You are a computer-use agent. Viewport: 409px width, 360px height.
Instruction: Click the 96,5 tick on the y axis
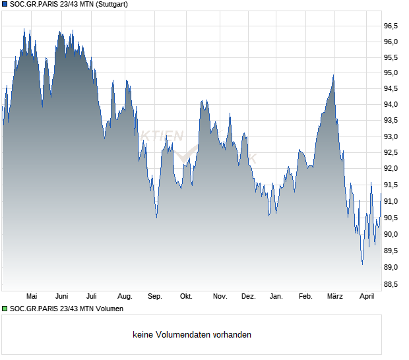pos(391,26)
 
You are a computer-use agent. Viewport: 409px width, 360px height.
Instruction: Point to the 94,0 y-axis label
pos(391,105)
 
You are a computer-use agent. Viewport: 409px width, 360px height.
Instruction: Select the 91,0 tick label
pos(391,201)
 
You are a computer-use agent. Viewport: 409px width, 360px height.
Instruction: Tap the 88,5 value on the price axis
pos(391,284)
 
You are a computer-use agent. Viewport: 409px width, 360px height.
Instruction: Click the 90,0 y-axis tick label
pos(391,234)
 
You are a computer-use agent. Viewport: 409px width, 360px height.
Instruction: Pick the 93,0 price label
pos(391,136)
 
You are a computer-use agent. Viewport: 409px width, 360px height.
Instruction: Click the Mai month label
pos(31,297)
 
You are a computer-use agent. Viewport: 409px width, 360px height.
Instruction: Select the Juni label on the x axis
pos(62,297)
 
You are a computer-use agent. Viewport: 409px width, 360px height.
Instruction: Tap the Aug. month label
pos(125,297)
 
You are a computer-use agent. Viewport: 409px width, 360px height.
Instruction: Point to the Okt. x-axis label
pos(186,297)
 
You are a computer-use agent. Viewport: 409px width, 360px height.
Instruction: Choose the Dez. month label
pos(248,297)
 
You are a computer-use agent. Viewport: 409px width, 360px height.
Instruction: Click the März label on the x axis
pos(335,297)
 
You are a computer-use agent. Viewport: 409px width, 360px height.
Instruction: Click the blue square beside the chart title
pos(5,4)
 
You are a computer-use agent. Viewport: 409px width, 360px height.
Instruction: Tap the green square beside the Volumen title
pos(5,309)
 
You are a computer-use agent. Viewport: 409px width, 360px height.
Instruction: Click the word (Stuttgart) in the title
pos(109,4)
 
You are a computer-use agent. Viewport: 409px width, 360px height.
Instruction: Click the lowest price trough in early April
pos(362,264)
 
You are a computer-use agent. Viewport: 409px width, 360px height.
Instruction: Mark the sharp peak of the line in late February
pos(333,76)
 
